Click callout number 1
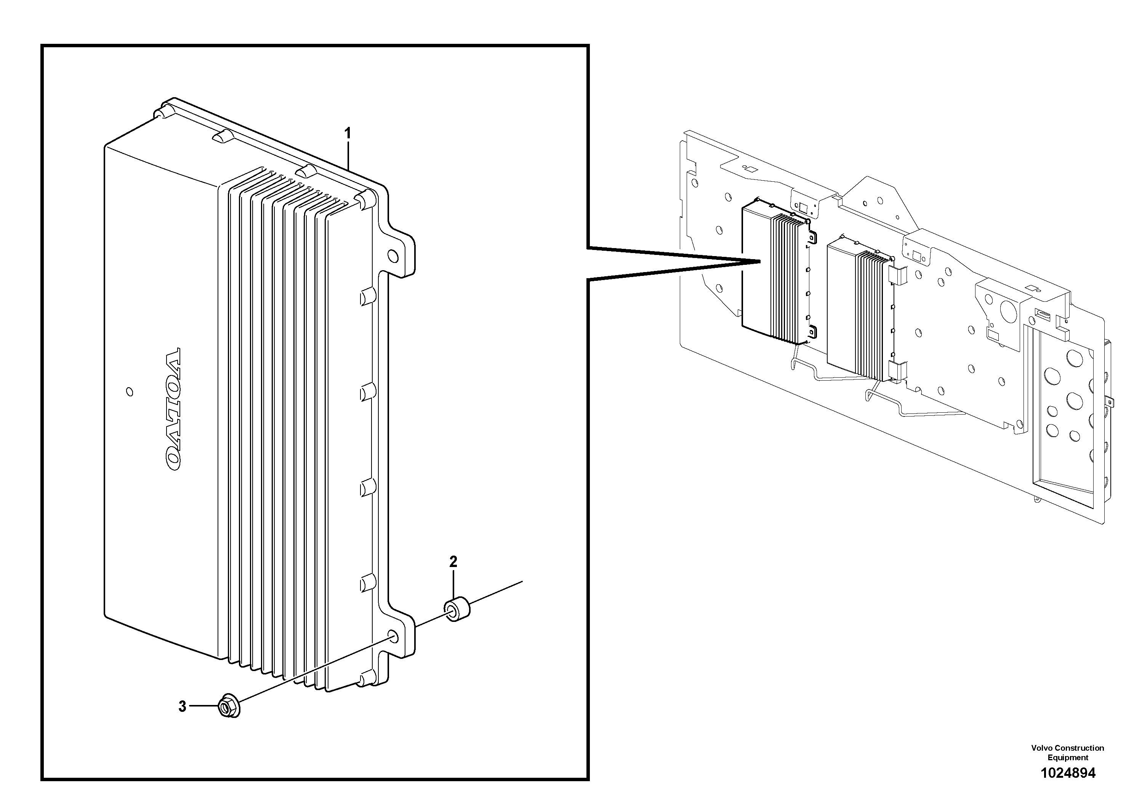(x=348, y=133)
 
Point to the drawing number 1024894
(x=1067, y=773)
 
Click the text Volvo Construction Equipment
(x=1067, y=753)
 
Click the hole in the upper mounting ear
(x=393, y=256)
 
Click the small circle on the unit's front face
(x=130, y=392)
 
